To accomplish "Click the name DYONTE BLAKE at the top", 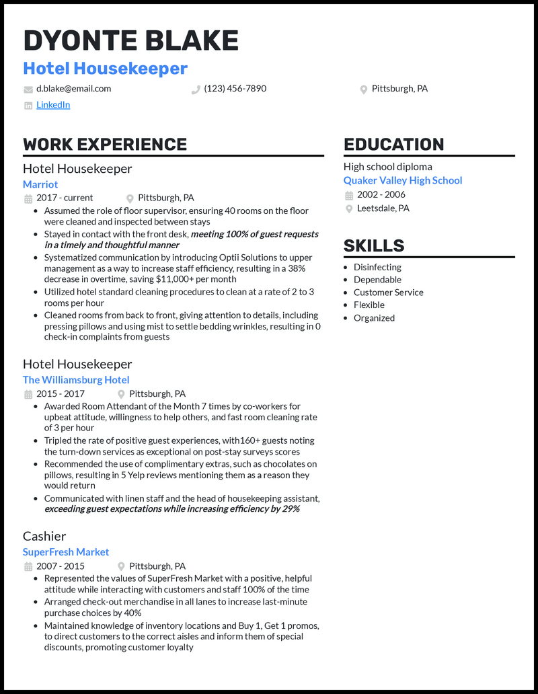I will click(130, 41).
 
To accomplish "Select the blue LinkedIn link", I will click(53, 105).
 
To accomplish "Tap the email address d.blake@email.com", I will click(74, 89).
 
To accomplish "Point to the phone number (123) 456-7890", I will click(235, 89).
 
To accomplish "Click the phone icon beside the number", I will click(196, 89).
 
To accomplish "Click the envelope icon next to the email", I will click(28, 89).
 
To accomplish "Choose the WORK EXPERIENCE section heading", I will click(105, 145).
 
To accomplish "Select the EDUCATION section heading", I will click(394, 145).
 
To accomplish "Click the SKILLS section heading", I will click(374, 246).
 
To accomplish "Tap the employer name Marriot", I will click(40, 184).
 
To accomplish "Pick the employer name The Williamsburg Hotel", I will click(76, 380).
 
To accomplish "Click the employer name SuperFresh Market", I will click(66, 552).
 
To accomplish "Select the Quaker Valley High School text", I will click(403, 180).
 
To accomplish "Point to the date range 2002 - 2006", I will click(381, 195).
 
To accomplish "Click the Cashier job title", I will click(44, 536).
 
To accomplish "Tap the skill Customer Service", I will click(389, 293).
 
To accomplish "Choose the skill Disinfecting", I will click(377, 267).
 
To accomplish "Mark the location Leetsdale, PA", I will click(383, 208).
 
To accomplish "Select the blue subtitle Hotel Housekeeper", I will click(106, 69).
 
